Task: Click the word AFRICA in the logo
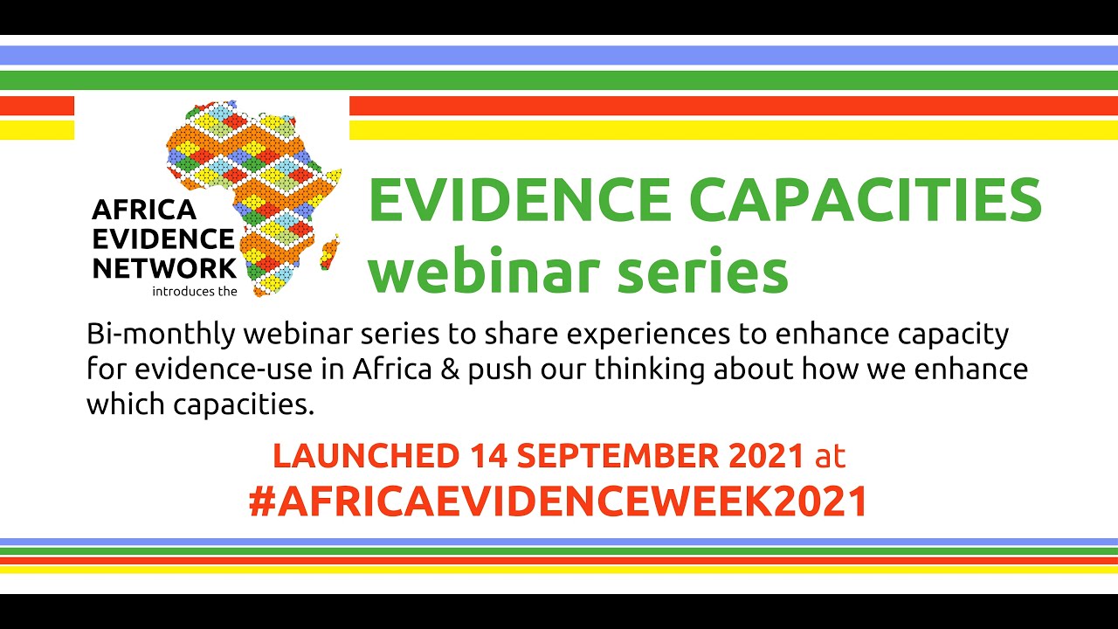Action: click(132, 210)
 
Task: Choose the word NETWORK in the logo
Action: click(163, 267)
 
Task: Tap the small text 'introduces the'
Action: click(194, 292)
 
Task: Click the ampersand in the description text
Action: click(450, 370)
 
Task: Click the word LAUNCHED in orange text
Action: click(365, 455)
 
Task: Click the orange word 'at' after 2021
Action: click(829, 455)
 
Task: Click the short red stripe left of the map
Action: click(37, 106)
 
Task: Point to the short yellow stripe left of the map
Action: click(37, 130)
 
